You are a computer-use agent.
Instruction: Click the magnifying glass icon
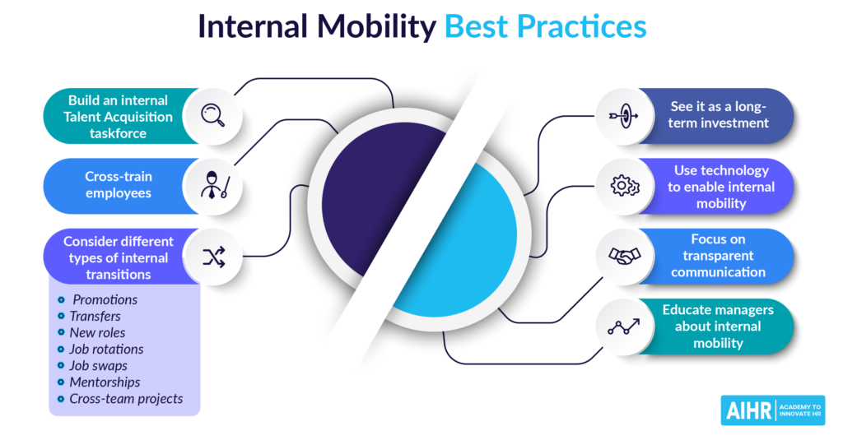[x=213, y=115]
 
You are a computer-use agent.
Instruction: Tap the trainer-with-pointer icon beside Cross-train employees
[x=216, y=185]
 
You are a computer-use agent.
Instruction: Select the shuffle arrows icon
[x=213, y=257]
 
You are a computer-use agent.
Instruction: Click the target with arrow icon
[x=624, y=115]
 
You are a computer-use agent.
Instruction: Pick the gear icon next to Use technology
[x=625, y=186]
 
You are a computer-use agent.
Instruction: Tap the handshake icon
[x=624, y=256]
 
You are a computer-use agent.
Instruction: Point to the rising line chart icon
[x=624, y=327]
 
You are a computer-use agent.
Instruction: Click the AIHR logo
[x=772, y=410]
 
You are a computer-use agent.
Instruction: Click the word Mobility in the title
[x=376, y=27]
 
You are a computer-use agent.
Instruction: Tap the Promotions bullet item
[x=105, y=300]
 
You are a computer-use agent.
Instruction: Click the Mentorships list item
[x=105, y=382]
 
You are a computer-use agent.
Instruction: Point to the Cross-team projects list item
[x=126, y=399]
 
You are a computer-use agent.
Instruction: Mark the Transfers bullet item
[x=95, y=317]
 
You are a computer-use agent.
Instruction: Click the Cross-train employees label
[x=119, y=185]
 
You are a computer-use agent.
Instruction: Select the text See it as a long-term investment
[x=718, y=114]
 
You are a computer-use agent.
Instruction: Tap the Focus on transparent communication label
[x=718, y=256]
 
